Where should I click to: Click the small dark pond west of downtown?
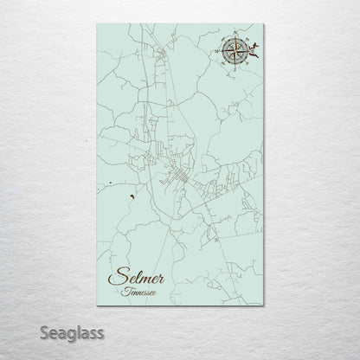[x=129, y=196]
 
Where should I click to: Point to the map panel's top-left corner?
[x=96, y=24]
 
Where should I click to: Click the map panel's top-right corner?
[x=263, y=24]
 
